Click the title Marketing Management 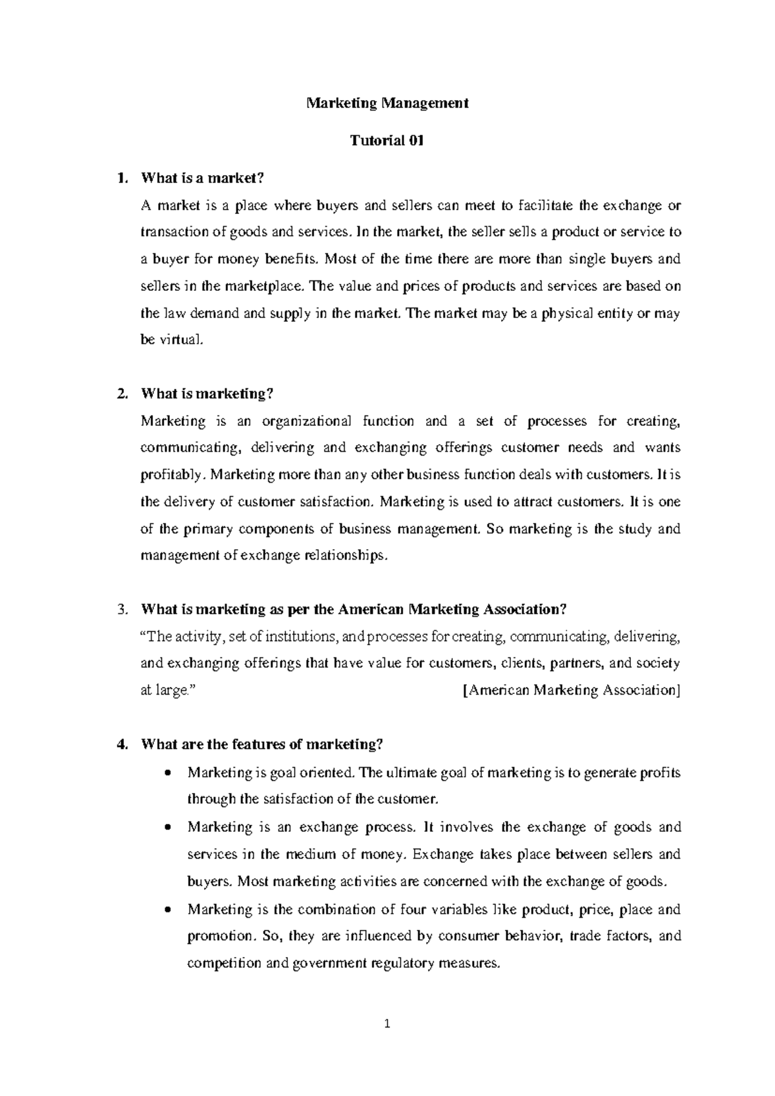[387, 103]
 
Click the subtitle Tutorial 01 [387, 141]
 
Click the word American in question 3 [371, 609]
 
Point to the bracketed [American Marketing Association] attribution [572, 690]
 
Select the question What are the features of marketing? [262, 744]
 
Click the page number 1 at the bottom [387, 1024]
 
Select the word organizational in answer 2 [307, 421]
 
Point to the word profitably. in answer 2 [171, 475]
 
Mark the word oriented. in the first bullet [329, 773]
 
